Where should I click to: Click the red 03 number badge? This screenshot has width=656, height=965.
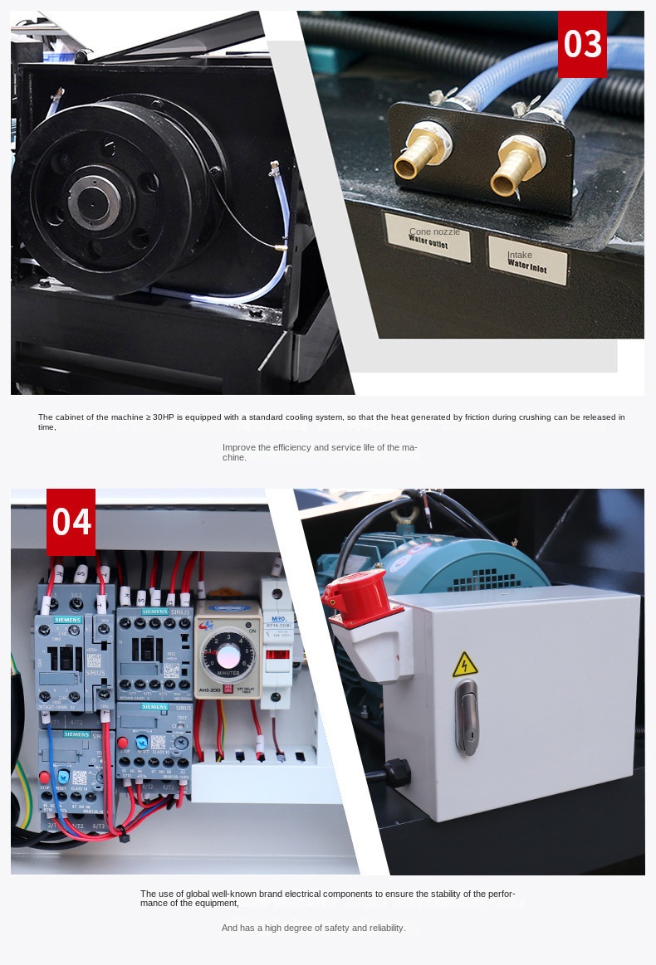coord(582,44)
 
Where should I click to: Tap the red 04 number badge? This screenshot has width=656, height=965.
coord(71,522)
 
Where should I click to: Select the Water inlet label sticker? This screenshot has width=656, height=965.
coord(526,260)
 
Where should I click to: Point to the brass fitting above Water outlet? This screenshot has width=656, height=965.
coord(420,154)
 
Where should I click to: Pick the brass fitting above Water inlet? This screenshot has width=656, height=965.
coord(516,166)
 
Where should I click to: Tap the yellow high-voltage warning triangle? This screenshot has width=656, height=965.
coord(464,664)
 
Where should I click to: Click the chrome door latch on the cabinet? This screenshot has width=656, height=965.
coord(467,718)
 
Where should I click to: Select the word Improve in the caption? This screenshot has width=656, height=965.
coord(238,447)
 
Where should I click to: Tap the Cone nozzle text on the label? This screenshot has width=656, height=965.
coord(434,232)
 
